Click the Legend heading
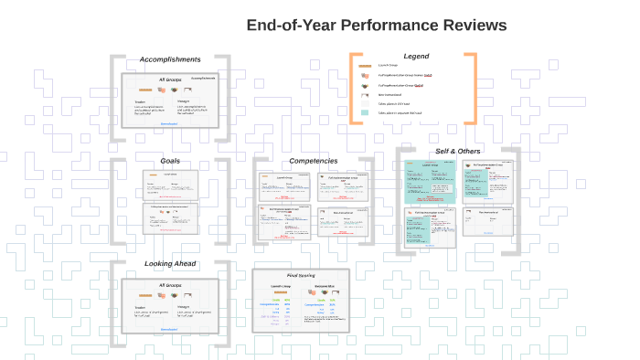(x=416, y=57)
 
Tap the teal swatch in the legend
(x=366, y=112)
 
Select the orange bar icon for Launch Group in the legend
(x=366, y=66)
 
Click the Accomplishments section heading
(x=170, y=59)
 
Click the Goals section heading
(x=170, y=161)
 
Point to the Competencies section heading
(x=314, y=161)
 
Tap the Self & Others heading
(x=457, y=151)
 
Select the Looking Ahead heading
(x=170, y=264)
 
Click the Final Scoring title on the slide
(x=301, y=275)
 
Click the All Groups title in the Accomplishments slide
(x=170, y=79)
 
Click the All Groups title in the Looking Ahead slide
(x=170, y=285)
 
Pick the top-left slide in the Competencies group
(x=284, y=186)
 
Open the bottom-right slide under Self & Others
(x=487, y=222)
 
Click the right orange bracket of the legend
(x=471, y=89)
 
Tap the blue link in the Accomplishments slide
(x=170, y=123)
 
